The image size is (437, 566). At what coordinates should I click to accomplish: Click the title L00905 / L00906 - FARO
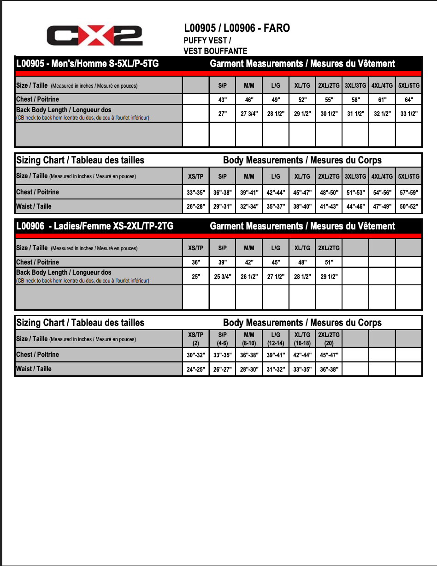coord(236,28)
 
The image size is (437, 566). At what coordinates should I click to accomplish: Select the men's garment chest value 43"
coord(223,100)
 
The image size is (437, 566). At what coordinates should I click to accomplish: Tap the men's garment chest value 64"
coord(409,100)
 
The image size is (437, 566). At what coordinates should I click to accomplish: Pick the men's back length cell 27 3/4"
coord(249,114)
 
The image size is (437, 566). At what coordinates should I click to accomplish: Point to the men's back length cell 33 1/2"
coord(409,114)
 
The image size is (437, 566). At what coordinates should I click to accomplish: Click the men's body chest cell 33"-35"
coord(196,193)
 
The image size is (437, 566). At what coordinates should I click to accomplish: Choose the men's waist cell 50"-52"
coord(409,207)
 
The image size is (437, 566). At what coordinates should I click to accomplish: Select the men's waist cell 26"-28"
coord(196,207)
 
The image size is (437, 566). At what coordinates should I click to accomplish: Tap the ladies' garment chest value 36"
coord(196,262)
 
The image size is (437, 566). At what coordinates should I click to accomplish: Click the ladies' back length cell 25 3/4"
coord(223,277)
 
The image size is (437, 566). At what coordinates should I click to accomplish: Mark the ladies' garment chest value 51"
coord(329,262)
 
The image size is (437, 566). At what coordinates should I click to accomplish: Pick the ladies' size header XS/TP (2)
coord(196,339)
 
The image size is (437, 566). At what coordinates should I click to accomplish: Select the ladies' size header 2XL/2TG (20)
coord(329,339)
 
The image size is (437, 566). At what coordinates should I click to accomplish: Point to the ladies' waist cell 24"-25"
coord(196,369)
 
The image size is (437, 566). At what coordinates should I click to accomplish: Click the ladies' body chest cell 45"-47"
coord(329,355)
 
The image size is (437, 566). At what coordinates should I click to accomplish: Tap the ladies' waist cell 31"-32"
coord(276,369)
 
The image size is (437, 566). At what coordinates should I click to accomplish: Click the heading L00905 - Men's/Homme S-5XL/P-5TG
coord(87,63)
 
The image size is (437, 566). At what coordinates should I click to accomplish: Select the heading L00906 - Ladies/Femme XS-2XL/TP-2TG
coord(94,226)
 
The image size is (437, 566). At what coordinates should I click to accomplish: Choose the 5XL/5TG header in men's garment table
coord(409,85)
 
